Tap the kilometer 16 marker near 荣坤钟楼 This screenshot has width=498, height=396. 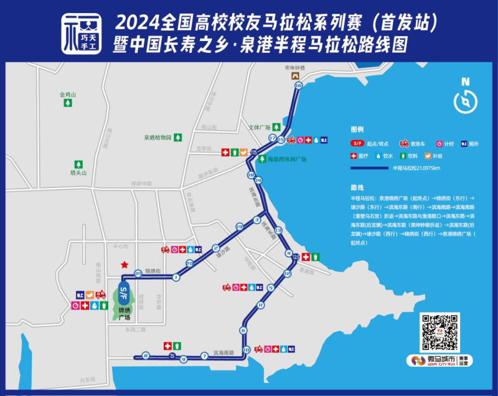[x=298, y=85]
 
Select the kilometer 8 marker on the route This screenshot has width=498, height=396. [x=145, y=356]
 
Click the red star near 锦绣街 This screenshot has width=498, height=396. [x=125, y=265]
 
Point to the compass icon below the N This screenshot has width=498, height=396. [x=465, y=101]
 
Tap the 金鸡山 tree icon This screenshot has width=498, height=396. [x=67, y=105]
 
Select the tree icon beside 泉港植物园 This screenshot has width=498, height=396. [x=178, y=137]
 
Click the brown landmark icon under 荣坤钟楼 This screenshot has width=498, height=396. [x=296, y=75]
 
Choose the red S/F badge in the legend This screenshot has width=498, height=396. [x=358, y=143]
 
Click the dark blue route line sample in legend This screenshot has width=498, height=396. [x=369, y=168]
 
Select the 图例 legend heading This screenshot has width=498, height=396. [x=357, y=130]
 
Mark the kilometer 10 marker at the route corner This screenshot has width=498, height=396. [x=247, y=350]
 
